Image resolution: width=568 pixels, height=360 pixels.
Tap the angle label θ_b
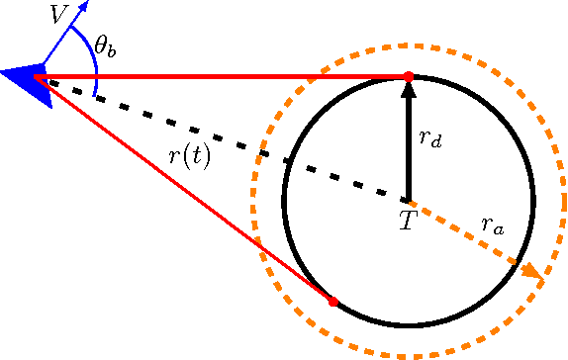(x=106, y=46)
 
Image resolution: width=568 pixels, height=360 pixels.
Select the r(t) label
(x=189, y=157)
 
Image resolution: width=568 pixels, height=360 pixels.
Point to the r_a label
(x=492, y=225)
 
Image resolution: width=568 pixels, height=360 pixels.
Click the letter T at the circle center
(x=407, y=221)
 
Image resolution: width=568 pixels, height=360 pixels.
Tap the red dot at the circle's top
(x=407, y=76)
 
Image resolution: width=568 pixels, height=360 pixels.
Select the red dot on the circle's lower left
(x=332, y=301)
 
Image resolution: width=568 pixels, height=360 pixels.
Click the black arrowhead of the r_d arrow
(x=407, y=90)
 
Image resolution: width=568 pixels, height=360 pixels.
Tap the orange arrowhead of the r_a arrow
(x=532, y=270)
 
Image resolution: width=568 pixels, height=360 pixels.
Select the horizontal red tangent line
(x=218, y=76)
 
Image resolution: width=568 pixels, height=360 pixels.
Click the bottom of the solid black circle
(x=408, y=324)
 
